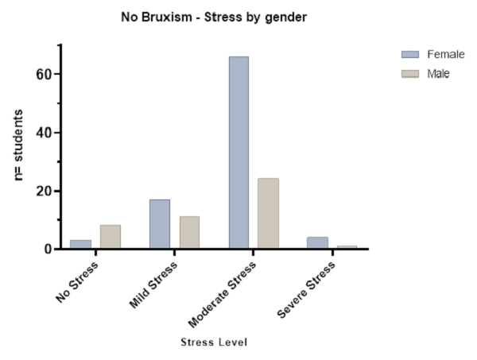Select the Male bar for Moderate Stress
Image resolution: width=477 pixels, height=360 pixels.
point(268,213)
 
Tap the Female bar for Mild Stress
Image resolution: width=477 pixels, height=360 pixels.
point(159,224)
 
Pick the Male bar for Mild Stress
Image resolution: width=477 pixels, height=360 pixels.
point(189,232)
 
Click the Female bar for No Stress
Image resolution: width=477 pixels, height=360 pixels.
point(80,244)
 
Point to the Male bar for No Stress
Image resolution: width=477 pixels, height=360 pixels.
point(111,237)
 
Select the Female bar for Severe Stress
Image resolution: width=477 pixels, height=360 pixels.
point(317,242)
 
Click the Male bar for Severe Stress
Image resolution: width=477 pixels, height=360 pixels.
point(347,247)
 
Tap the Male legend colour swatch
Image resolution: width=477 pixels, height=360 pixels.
point(410,74)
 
